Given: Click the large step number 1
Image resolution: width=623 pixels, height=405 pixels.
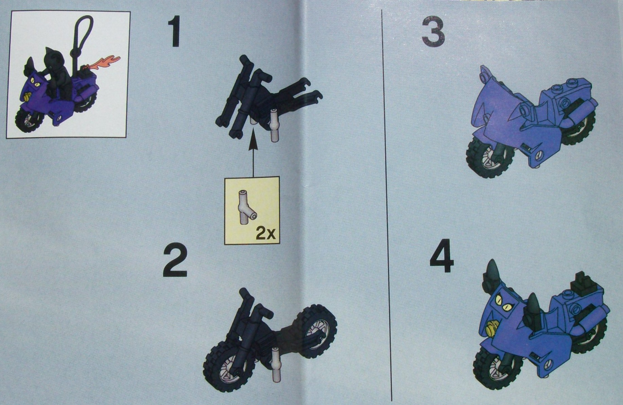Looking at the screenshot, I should point(176,33).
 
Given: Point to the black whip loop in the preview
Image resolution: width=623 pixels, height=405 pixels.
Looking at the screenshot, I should point(83,31).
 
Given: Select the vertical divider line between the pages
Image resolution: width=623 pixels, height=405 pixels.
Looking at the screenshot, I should point(387,204).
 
